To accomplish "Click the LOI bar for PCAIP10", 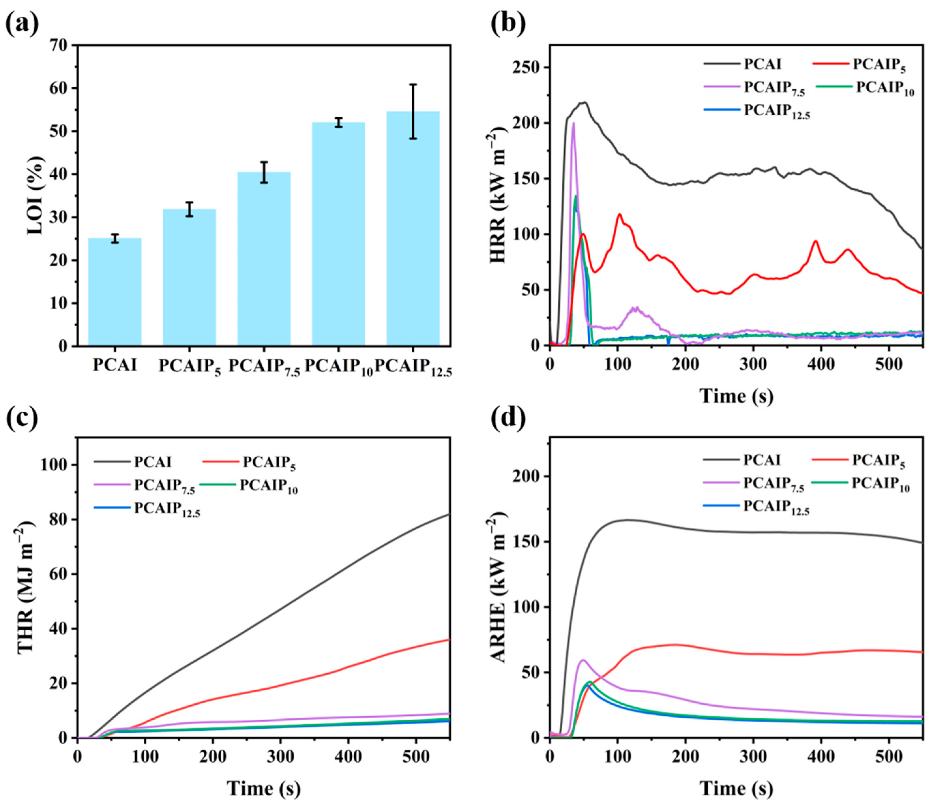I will point(338,234).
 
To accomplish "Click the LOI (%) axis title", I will point(36,196).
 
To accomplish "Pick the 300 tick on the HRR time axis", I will point(753,364).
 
